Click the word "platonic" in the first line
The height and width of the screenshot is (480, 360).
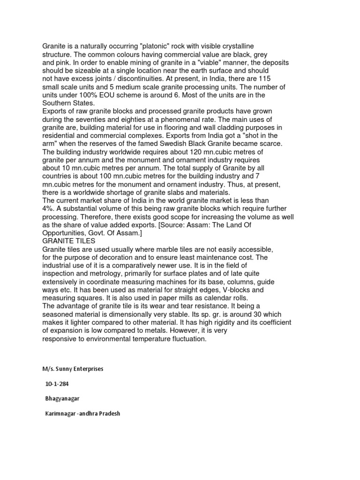(146, 46)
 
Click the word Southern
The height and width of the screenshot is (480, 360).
(57, 103)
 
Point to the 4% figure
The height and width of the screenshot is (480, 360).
(48, 208)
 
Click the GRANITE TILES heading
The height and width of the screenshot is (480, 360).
(69, 240)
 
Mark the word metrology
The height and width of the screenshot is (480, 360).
(106, 273)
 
